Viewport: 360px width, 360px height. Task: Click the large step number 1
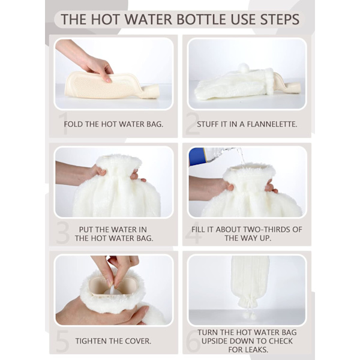tap(64, 124)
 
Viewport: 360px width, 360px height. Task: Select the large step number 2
tap(193, 124)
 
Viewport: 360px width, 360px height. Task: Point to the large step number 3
tap(62, 232)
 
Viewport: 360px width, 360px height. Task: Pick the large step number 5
tap(62, 341)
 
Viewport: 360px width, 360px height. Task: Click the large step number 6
tap(193, 341)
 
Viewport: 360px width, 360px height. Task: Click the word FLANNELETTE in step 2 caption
tap(272, 124)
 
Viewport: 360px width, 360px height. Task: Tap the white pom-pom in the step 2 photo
tap(244, 68)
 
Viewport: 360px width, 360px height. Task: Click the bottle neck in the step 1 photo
tap(149, 91)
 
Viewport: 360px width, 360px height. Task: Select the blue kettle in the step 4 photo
tap(197, 156)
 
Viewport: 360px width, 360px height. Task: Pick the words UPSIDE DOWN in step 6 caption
tap(230, 341)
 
